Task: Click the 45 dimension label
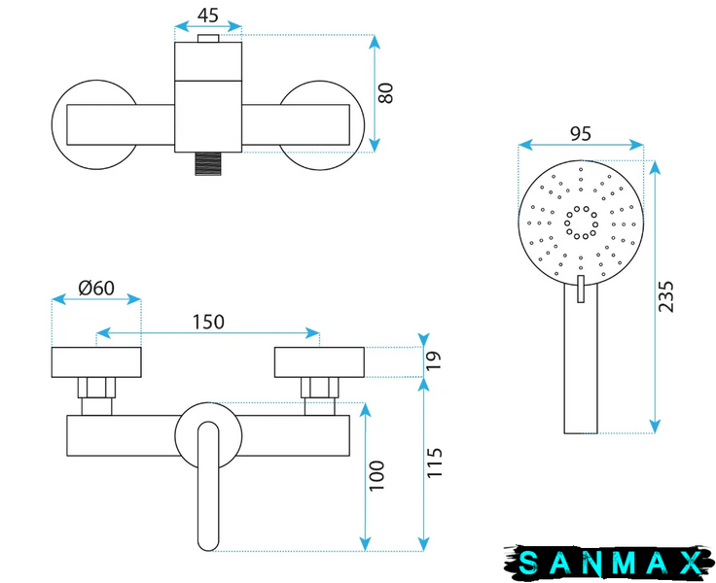click(208, 16)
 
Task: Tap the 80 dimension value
click(386, 93)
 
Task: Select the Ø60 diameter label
click(96, 288)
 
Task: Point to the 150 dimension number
click(208, 322)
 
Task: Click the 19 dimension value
click(434, 360)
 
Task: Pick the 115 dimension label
click(435, 463)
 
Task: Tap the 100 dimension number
click(376, 476)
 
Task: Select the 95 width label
click(581, 134)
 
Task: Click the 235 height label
click(665, 296)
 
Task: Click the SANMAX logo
click(609, 562)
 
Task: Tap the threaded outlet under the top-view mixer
click(208, 164)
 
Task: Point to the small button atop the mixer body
click(208, 39)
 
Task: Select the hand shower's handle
click(581, 359)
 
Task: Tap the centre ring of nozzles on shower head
click(581, 223)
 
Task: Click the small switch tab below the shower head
click(581, 289)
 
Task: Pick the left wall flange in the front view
click(96, 362)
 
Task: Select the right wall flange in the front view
click(319, 362)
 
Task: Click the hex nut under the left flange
click(96, 388)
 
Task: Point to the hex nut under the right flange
click(320, 388)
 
